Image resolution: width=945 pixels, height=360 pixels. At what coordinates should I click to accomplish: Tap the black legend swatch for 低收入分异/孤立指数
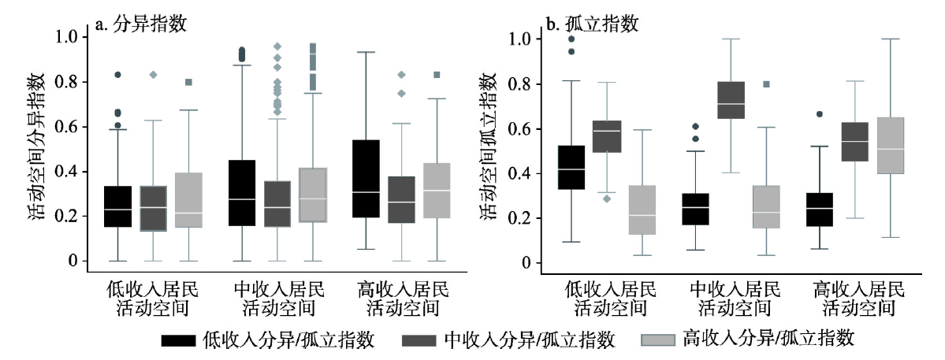click(179, 340)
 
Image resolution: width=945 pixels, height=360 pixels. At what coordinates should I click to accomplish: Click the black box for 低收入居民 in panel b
click(571, 168)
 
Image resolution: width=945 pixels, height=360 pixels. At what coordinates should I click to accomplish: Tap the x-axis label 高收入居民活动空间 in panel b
click(858, 298)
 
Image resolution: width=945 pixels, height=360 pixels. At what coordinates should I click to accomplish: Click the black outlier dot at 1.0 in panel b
click(571, 39)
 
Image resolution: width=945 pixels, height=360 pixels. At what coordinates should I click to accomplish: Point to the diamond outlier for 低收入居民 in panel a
click(153, 75)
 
